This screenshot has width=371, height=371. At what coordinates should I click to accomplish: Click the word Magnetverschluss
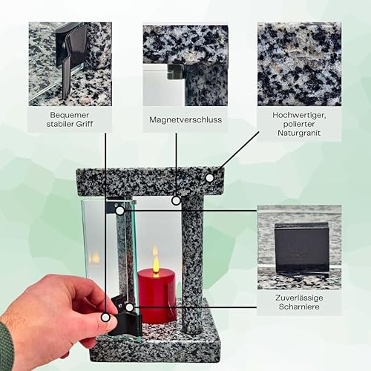point(185,119)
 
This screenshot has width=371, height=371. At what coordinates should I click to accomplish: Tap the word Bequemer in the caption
point(70,115)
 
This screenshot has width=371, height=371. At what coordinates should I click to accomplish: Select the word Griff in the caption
point(85,124)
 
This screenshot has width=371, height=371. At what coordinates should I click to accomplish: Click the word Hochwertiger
point(299,115)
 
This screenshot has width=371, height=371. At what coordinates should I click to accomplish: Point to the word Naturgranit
point(299,133)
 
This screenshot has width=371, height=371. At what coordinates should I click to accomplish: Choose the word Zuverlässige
point(299,298)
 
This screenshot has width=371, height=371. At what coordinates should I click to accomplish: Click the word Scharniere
point(299,306)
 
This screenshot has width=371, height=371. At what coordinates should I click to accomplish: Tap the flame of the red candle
point(156,262)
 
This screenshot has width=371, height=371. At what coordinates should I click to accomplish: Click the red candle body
point(157,295)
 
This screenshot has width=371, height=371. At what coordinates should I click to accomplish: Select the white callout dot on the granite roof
point(210,177)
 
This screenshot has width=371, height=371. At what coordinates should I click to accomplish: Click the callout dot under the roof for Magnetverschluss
point(176,200)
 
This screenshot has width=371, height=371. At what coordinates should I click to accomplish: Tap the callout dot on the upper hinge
point(120,211)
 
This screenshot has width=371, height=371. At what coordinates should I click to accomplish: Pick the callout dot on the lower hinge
point(129,307)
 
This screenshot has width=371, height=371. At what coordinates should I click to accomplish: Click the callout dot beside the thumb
point(105,317)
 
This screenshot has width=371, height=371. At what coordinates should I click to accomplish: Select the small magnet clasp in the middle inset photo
point(176,72)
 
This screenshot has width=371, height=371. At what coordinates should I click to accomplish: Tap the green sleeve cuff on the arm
point(5,347)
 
